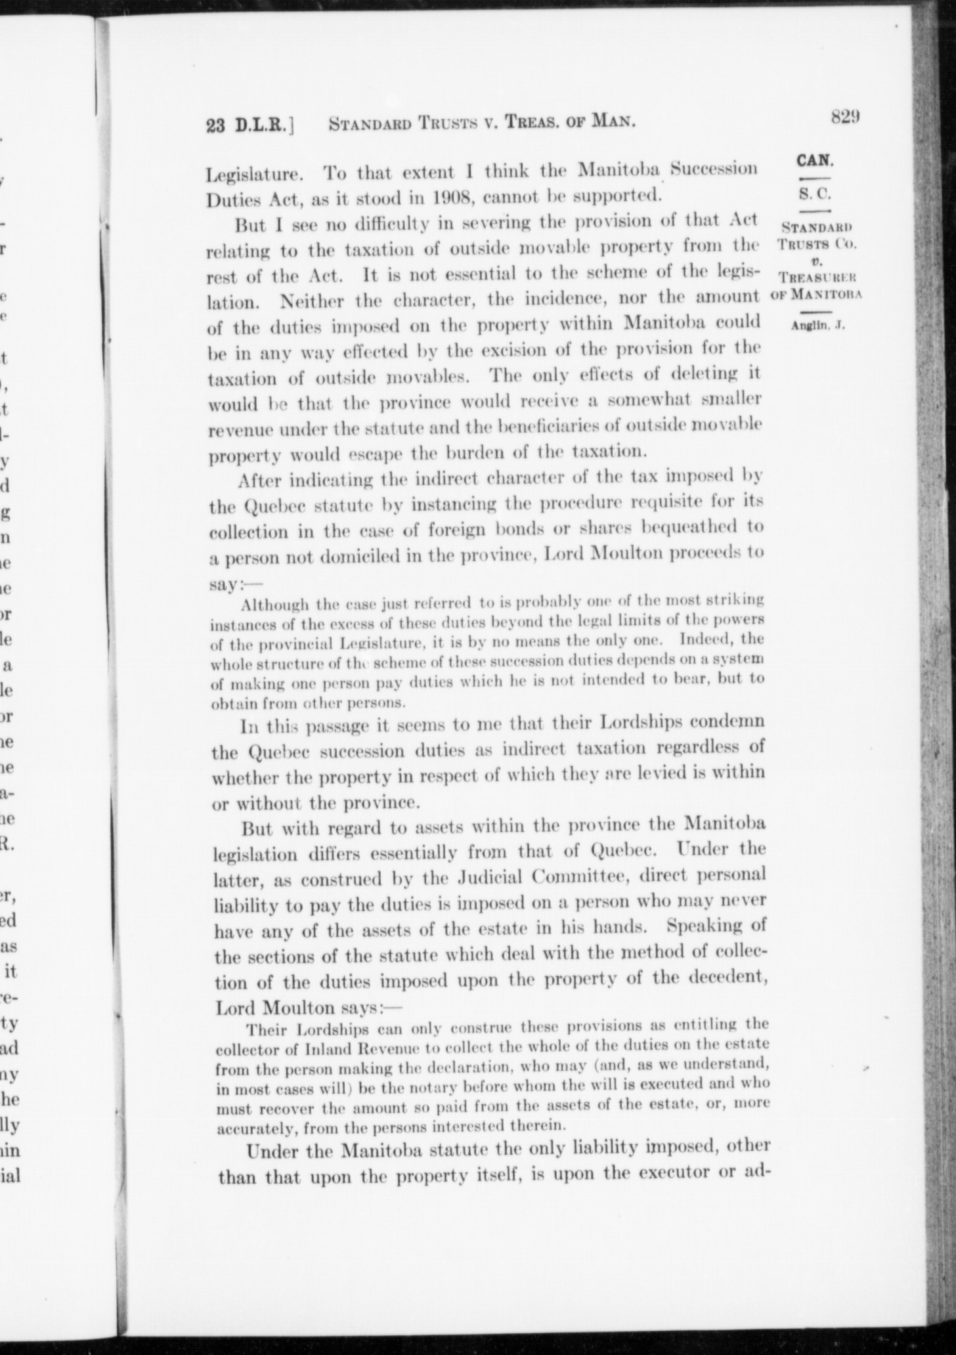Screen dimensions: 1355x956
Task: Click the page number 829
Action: [845, 117]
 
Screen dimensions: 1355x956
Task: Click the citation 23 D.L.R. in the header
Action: [246, 125]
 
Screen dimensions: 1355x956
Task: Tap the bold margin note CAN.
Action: [814, 160]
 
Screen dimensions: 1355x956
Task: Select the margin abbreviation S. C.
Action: [814, 194]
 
